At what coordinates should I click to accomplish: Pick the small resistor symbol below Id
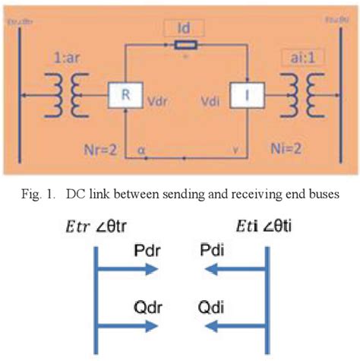click(x=182, y=45)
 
